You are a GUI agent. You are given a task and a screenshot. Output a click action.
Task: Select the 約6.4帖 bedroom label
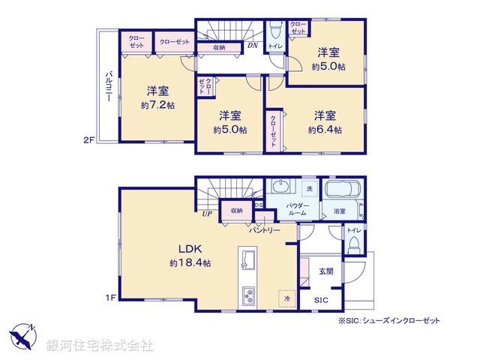[x=324, y=122]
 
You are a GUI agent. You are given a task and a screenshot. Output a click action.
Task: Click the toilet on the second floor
[x=274, y=33]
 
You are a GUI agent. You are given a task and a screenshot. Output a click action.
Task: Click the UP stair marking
[x=206, y=214]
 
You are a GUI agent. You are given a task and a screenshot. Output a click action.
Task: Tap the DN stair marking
[x=254, y=44]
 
